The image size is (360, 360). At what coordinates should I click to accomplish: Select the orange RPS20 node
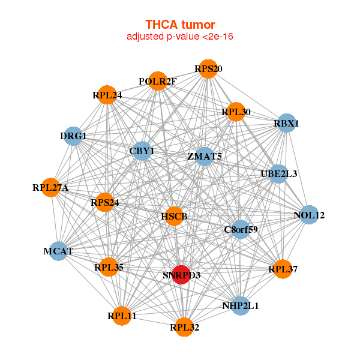pyautogui.click(x=208, y=69)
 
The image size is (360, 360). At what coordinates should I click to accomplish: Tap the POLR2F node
pyautogui.click(x=158, y=81)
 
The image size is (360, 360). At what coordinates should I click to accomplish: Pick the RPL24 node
pyautogui.click(x=107, y=94)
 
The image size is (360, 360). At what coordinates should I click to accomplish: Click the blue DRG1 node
pyautogui.click(x=73, y=136)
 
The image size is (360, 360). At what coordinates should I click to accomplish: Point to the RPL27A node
pyautogui.click(x=52, y=188)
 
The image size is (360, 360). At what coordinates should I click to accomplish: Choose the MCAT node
pyautogui.click(x=58, y=250)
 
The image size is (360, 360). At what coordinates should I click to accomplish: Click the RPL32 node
pyautogui.click(x=184, y=327)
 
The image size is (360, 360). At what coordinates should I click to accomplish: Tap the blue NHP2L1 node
pyautogui.click(x=240, y=305)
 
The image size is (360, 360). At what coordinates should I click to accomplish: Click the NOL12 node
pyautogui.click(x=308, y=215)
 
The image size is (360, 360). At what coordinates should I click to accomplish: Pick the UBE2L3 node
pyautogui.click(x=279, y=174)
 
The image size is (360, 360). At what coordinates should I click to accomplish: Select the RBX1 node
pyautogui.click(x=287, y=124)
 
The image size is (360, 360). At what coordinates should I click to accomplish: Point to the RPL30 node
pyautogui.click(x=236, y=112)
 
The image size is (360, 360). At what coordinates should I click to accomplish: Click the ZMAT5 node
pyautogui.click(x=205, y=157)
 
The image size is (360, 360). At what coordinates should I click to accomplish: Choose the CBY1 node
pyautogui.click(x=142, y=151)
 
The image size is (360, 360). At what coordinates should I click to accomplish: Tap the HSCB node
pyautogui.click(x=174, y=216)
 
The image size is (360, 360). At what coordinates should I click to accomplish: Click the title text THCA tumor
pyautogui.click(x=180, y=25)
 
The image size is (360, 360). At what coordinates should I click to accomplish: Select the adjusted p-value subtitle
pyautogui.click(x=180, y=37)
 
